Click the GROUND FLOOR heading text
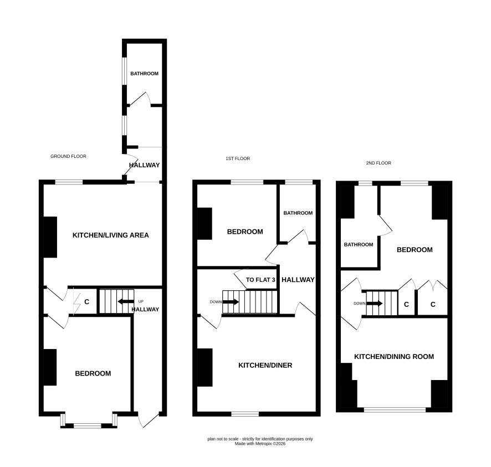coord(68,156)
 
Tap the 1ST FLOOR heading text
coord(238,158)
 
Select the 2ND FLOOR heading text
coord(379,163)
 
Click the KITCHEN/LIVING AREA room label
coord(110,235)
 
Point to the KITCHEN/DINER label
coord(265,365)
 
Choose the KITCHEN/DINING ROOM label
coord(394,357)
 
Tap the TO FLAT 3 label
coord(260,280)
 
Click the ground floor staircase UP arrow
coord(126,302)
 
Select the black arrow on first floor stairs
coord(231,302)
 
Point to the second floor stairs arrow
coord(374,303)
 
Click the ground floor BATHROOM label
coord(144,74)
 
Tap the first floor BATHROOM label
coord(298,213)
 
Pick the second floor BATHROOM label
coord(359,244)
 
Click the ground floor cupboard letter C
coord(87,302)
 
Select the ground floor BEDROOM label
coord(93,373)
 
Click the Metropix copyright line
coord(260,444)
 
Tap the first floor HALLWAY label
coord(298,280)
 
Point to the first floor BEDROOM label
coord(245,232)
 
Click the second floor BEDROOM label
coord(415,250)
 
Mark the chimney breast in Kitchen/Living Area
coord(50,237)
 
